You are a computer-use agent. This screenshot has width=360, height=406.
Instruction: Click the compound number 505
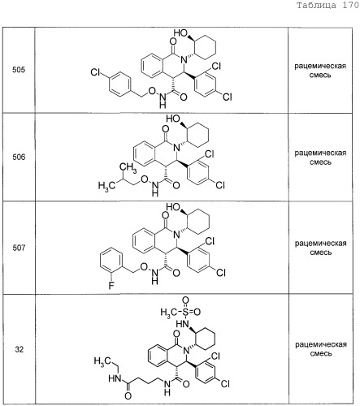(x=19, y=70)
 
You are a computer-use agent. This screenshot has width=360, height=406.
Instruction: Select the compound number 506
(x=19, y=157)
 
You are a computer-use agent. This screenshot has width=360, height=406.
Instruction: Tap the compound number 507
(x=19, y=248)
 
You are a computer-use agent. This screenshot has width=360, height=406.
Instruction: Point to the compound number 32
(x=20, y=349)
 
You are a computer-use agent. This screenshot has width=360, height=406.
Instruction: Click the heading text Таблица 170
(x=327, y=5)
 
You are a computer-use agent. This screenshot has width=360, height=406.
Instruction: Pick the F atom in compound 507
(x=111, y=285)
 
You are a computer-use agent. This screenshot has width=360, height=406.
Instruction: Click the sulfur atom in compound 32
(x=185, y=312)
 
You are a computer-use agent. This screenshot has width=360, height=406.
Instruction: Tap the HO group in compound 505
(x=180, y=33)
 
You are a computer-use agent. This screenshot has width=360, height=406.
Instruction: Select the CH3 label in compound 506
(x=128, y=167)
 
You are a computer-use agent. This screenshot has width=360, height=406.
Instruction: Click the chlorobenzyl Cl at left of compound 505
(x=95, y=72)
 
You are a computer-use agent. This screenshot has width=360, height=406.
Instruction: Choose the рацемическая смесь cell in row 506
(x=320, y=158)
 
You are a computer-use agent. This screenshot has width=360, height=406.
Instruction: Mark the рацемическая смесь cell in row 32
(x=321, y=349)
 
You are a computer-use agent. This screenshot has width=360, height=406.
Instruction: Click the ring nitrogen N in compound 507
(x=176, y=235)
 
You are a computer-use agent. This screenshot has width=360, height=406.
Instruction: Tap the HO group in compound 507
(x=173, y=207)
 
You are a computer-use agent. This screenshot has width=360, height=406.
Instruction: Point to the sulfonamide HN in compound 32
(x=183, y=324)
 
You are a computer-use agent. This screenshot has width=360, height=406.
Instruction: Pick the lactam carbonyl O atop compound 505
(x=173, y=41)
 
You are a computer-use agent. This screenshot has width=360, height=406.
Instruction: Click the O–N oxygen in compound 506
(x=145, y=179)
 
